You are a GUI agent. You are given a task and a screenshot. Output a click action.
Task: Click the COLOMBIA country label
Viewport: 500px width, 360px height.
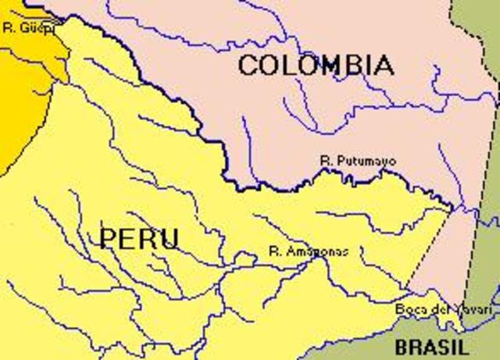point(316,65)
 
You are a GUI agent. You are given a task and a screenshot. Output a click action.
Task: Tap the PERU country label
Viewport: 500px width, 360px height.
point(140,238)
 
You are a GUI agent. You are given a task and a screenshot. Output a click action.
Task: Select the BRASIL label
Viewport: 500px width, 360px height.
point(432,347)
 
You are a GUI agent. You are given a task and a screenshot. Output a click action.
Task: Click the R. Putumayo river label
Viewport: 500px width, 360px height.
point(358,161)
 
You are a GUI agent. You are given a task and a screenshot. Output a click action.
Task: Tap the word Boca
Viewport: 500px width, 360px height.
point(408,310)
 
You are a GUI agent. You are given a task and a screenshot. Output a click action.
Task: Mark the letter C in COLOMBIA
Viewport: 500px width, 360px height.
point(248,65)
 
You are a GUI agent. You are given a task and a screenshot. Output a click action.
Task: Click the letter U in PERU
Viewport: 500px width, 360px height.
point(170,238)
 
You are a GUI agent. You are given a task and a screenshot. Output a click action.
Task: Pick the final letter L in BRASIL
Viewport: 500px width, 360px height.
point(464,347)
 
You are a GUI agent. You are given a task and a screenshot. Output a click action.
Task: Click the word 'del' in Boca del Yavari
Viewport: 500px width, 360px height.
point(430,310)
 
